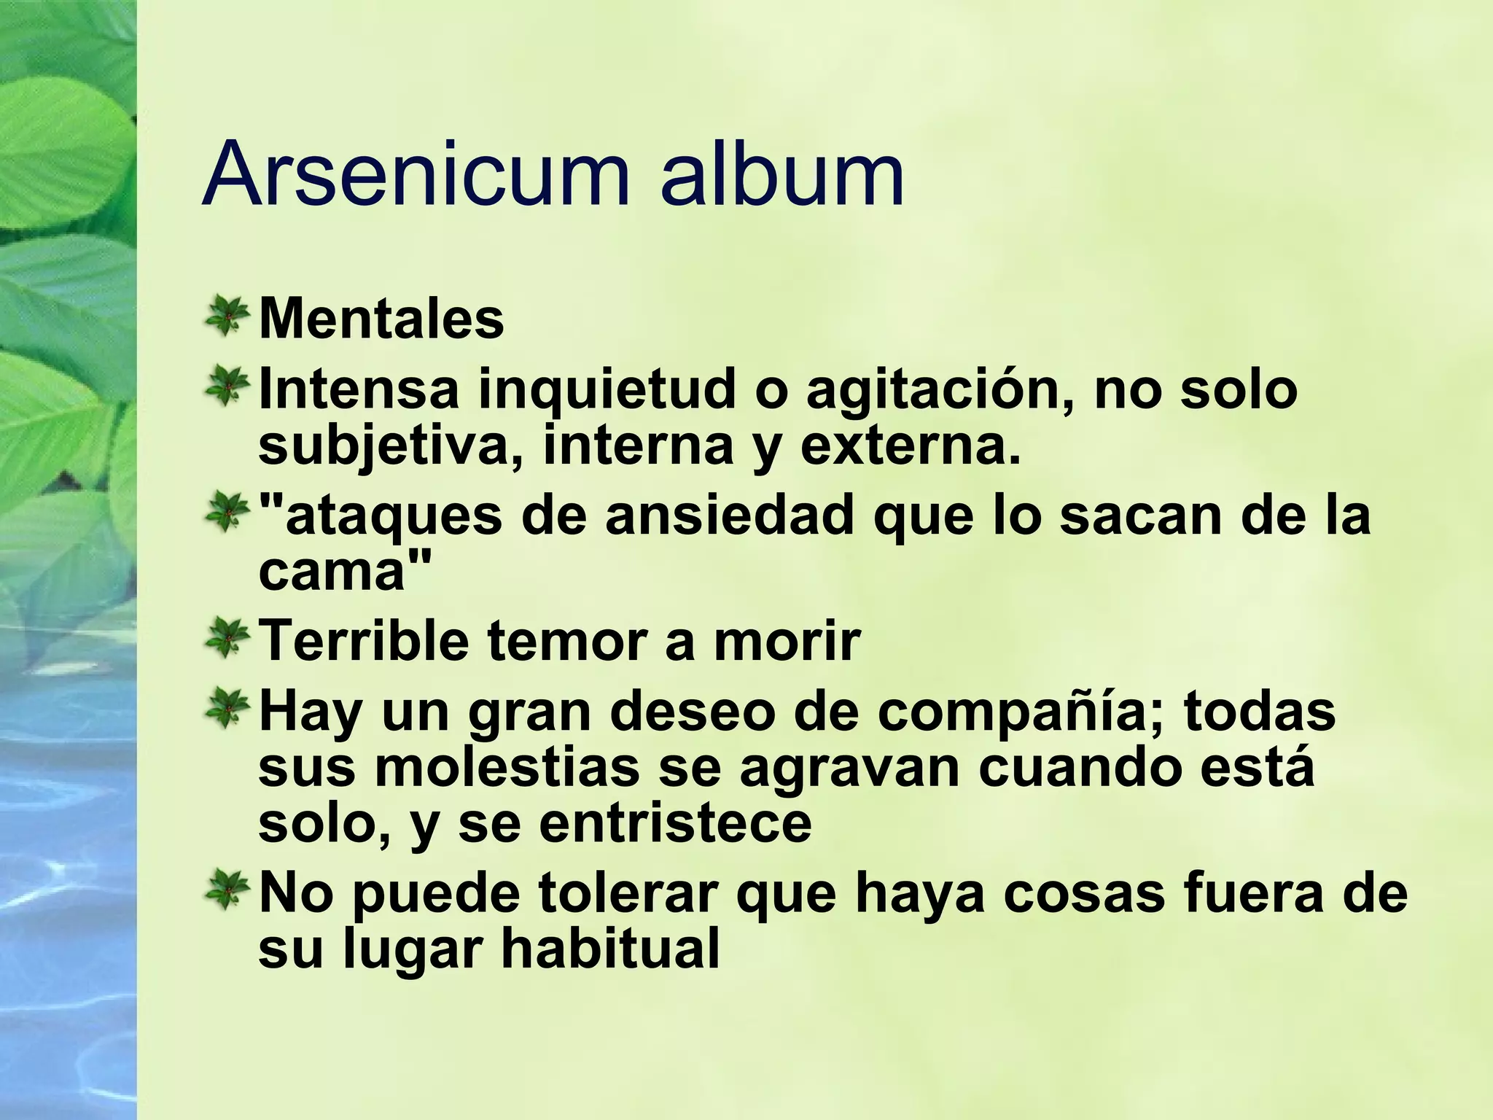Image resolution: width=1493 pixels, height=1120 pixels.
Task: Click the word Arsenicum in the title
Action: pyautogui.click(x=416, y=175)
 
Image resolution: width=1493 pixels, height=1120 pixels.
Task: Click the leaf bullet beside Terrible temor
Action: pyautogui.click(x=227, y=638)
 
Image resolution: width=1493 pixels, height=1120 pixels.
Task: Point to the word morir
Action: pyautogui.click(x=787, y=641)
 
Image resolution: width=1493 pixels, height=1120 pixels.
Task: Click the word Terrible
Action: pyautogui.click(x=364, y=641)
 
